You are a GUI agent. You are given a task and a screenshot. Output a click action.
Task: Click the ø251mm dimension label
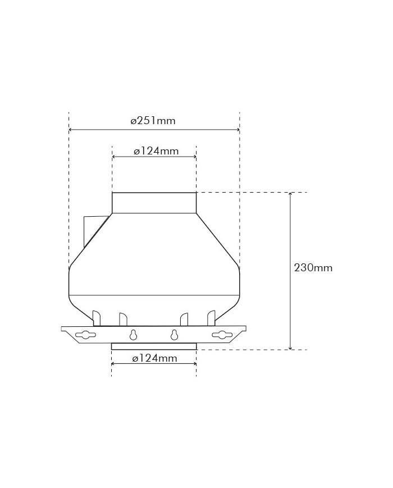point(153,120)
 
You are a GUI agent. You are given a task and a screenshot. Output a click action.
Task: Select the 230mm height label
point(313,268)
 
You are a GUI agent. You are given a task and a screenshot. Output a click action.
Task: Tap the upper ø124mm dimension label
point(156,151)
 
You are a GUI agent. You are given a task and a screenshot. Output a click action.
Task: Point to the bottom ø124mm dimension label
point(154,358)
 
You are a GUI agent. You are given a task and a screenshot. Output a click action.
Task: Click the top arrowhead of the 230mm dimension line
point(290,195)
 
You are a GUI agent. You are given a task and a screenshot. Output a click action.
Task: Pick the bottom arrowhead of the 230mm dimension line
point(290,347)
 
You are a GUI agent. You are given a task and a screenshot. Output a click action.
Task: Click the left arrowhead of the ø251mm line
point(71,130)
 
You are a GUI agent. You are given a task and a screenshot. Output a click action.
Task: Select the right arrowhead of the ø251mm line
point(237,130)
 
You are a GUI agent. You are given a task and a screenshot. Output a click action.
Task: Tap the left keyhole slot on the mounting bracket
point(134,335)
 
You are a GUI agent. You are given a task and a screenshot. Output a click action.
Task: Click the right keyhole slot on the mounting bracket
point(175,335)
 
